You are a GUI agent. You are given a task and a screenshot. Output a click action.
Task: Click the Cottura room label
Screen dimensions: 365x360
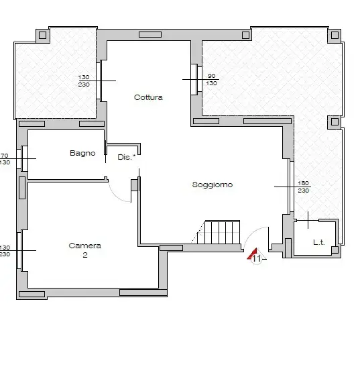coord(148,97)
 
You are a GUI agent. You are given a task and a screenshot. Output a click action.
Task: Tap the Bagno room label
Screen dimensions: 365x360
coord(82,153)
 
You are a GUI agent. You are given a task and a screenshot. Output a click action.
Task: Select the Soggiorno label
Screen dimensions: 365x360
coord(212,185)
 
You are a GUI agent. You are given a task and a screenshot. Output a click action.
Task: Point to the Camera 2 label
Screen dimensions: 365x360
coord(84,250)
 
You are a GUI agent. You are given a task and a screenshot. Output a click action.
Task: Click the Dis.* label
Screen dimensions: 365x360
coord(126,156)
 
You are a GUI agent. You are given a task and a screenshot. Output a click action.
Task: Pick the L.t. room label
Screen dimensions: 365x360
coord(318,243)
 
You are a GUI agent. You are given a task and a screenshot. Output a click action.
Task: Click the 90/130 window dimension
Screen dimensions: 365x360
coord(211,79)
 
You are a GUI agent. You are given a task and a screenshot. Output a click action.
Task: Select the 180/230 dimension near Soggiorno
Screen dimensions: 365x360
coord(302,187)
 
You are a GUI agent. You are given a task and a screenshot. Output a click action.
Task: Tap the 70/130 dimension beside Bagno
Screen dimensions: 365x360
coord(4,158)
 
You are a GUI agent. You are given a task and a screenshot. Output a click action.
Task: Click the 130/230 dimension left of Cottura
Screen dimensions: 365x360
coord(84,80)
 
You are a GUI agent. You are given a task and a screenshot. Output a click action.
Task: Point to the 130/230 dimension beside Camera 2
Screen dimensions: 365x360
coord(4,250)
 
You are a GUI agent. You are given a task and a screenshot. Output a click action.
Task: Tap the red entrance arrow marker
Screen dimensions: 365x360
coord(253,254)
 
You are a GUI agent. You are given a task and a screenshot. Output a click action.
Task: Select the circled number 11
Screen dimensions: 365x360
coord(257,260)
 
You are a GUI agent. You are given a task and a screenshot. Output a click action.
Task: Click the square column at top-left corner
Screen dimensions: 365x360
coord(43,35)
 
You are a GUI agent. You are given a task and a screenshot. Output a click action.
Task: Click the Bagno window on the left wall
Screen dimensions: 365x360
coord(23,158)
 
